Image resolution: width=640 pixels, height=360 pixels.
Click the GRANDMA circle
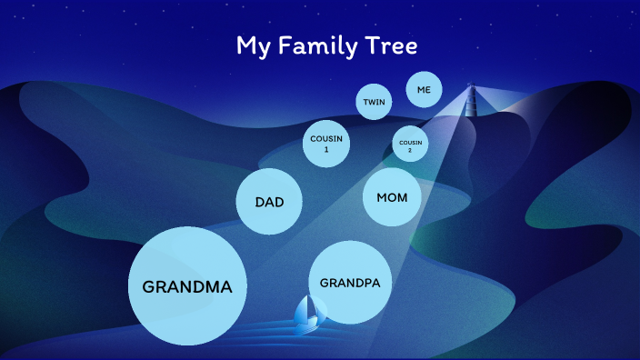(188, 286)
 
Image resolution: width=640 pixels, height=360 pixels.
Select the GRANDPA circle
(350, 283)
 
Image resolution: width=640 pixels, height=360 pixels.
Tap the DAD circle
(269, 202)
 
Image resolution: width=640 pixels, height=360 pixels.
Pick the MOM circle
(392, 197)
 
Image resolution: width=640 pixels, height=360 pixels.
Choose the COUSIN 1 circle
(325, 144)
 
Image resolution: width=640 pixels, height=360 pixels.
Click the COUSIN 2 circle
(410, 144)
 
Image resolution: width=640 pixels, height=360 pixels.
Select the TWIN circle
(374, 102)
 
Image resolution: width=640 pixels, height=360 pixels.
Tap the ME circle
(424, 90)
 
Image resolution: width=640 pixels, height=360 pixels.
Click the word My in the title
(252, 46)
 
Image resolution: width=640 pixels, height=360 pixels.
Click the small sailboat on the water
(309, 312)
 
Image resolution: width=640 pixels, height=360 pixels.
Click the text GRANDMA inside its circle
(188, 287)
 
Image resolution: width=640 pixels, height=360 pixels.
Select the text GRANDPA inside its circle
(350, 283)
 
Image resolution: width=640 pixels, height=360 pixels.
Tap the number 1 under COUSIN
(325, 149)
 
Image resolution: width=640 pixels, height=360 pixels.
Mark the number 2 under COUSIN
(410, 150)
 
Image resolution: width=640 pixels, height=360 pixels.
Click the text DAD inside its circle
(269, 202)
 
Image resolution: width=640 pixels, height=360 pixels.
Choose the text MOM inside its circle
(392, 197)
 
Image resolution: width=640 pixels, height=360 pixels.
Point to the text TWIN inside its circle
(374, 102)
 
